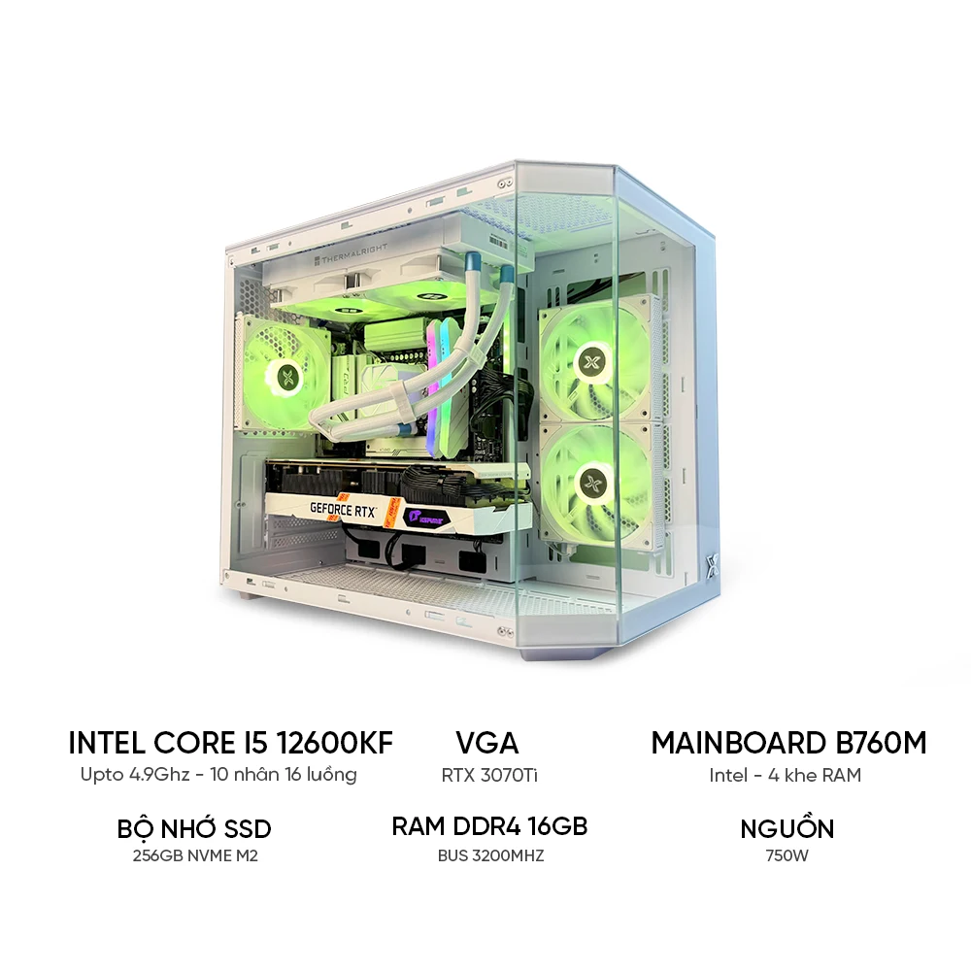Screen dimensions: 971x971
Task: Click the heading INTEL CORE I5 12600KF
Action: pyautogui.click(x=230, y=743)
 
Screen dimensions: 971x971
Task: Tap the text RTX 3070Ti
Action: pyautogui.click(x=489, y=775)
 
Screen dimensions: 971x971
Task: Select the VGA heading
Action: pyautogui.click(x=487, y=743)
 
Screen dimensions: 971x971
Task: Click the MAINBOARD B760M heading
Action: pyautogui.click(x=788, y=743)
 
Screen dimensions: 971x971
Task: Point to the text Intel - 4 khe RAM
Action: pyautogui.click(x=786, y=775)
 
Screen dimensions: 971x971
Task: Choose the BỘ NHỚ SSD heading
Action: pyautogui.click(x=194, y=827)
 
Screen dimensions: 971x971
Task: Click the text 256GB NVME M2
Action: pyautogui.click(x=195, y=855)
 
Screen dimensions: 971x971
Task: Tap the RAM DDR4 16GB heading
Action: pyautogui.click(x=489, y=826)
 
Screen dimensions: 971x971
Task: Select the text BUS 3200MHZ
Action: pyautogui.click(x=490, y=855)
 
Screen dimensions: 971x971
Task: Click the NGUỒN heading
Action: pyautogui.click(x=787, y=827)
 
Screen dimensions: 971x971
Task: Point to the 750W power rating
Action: pyautogui.click(x=787, y=855)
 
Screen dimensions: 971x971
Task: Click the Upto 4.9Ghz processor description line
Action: pyautogui.click(x=218, y=775)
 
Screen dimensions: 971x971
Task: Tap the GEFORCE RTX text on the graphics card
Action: pyautogui.click(x=344, y=510)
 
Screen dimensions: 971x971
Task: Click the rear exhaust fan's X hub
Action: pyautogui.click(x=286, y=374)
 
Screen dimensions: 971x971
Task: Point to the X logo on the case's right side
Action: pyautogui.click(x=712, y=564)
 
